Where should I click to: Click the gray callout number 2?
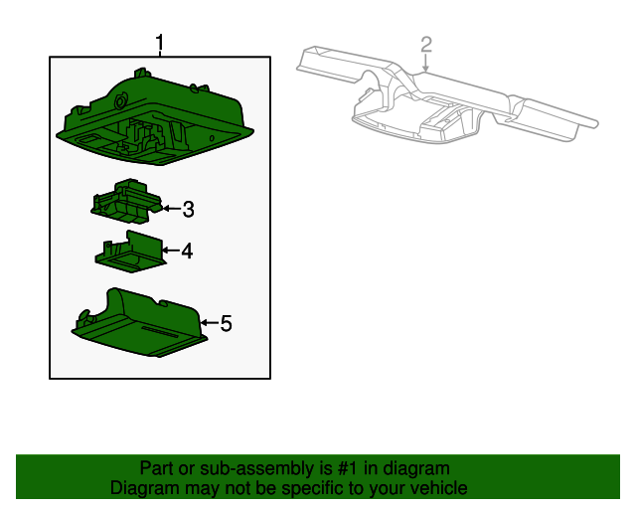point(426,45)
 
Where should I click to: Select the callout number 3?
point(188,210)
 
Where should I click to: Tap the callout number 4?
point(187,251)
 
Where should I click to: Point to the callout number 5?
point(226,323)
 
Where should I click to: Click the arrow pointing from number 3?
point(172,209)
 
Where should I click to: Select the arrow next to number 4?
point(171,251)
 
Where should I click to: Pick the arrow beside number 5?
point(210,323)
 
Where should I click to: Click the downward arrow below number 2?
point(425,63)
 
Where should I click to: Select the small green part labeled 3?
point(126,202)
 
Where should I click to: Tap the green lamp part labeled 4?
point(130,253)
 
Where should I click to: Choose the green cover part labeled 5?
point(139,323)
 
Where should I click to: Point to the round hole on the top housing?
point(121,100)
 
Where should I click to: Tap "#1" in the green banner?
point(348,468)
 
